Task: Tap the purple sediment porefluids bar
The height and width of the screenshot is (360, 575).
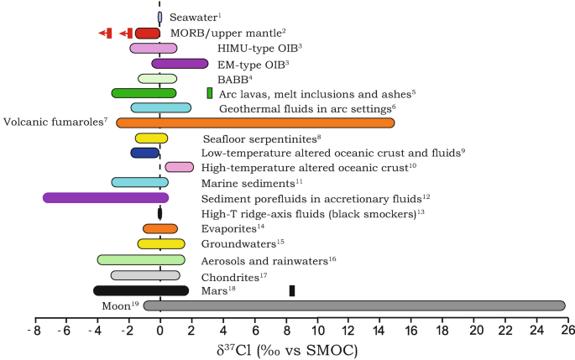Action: click(x=106, y=198)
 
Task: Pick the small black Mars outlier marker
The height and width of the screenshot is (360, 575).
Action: click(x=292, y=290)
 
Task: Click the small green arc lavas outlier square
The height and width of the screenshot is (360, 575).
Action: click(x=210, y=93)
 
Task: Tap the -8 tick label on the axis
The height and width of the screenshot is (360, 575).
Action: click(x=34, y=331)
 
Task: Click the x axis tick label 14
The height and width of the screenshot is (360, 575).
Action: click(x=379, y=331)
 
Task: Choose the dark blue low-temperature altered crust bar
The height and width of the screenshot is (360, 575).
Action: click(x=144, y=153)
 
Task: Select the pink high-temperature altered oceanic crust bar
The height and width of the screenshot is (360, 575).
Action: click(x=180, y=168)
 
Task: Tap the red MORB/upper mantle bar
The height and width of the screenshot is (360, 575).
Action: click(x=147, y=33)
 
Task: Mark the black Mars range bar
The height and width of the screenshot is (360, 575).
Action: click(x=141, y=290)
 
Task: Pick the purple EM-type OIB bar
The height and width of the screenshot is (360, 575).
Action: click(x=180, y=63)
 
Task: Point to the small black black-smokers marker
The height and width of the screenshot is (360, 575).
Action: click(x=159, y=213)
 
